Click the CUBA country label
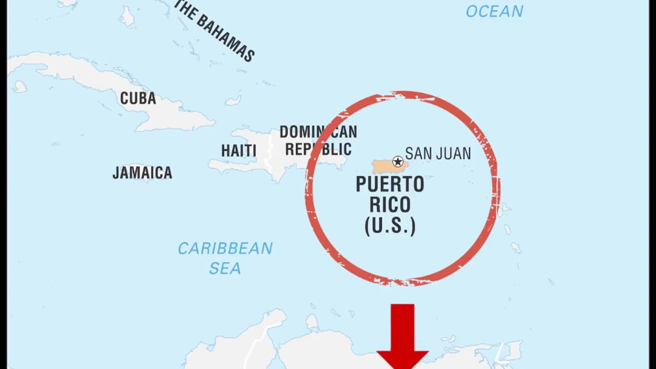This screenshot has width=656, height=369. [138, 98]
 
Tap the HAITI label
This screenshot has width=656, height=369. [238, 151]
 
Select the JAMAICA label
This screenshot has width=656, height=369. [142, 173]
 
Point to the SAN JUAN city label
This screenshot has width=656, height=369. [438, 153]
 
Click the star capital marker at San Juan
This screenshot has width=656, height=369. [398, 162]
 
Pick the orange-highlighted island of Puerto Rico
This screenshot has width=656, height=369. [384, 167]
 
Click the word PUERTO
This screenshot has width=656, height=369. [389, 184]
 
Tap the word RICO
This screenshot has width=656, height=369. [389, 205]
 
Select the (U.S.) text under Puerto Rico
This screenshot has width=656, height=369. [389, 225]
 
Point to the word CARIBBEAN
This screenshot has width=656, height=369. [225, 249]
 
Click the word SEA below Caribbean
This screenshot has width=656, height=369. [225, 268]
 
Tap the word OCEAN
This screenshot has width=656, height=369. [494, 11]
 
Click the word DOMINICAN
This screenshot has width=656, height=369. [318, 132]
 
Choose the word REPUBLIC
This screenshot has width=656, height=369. [318, 149]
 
